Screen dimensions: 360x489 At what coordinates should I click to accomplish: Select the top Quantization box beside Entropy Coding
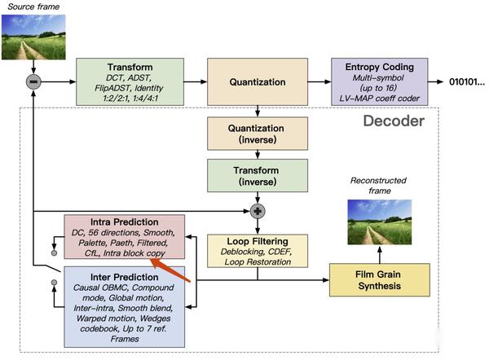(258, 81)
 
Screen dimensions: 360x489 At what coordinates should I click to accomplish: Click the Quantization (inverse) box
(258, 133)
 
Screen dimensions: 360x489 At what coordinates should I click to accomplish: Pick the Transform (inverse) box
(258, 175)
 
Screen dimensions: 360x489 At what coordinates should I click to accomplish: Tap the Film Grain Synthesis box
(380, 281)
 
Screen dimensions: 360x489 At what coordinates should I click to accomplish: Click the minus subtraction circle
(34, 81)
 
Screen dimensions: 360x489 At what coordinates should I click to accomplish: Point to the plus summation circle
(258, 211)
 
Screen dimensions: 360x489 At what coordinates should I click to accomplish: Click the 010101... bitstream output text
(466, 82)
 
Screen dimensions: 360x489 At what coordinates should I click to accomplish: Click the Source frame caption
(33, 7)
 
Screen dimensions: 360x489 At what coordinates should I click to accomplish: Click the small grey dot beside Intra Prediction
(55, 253)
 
